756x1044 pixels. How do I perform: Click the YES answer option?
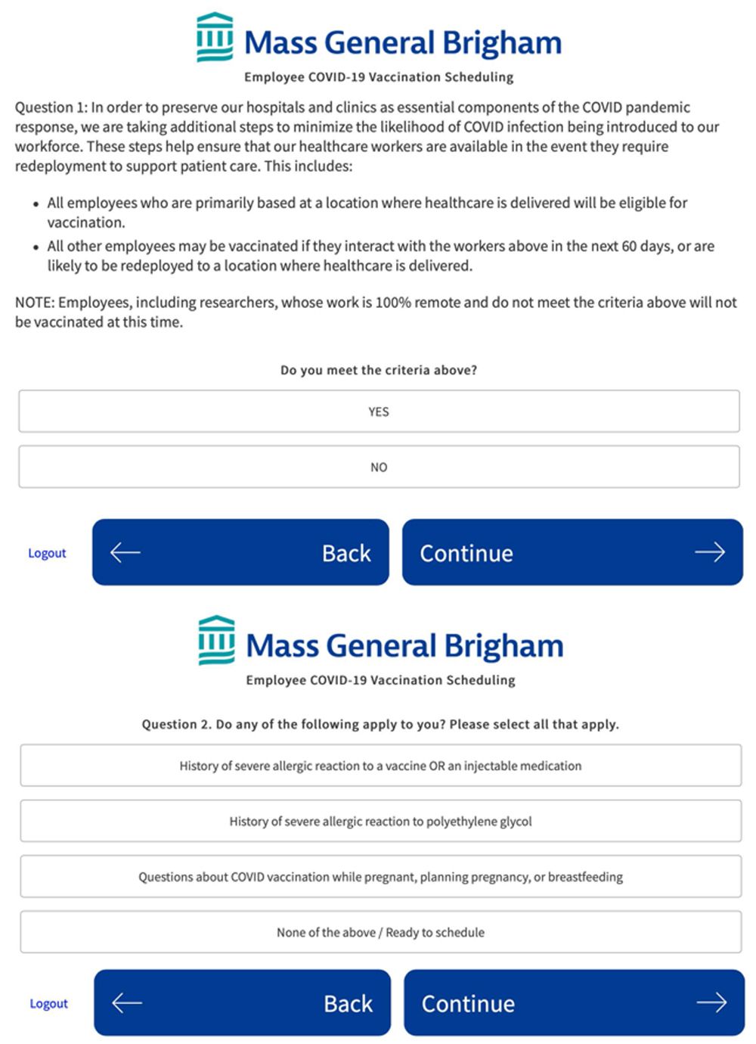pyautogui.click(x=379, y=412)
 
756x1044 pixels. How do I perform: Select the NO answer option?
pyautogui.click(x=379, y=467)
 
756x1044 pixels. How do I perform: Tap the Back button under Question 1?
pyautogui.click(x=240, y=552)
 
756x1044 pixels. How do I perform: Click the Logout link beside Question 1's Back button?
pyautogui.click(x=47, y=553)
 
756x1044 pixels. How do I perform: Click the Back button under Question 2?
pyautogui.click(x=242, y=1003)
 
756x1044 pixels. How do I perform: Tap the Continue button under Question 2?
pyautogui.click(x=574, y=1003)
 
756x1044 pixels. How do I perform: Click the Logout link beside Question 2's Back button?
pyautogui.click(x=48, y=1004)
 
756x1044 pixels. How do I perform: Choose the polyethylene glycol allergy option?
pyautogui.click(x=380, y=821)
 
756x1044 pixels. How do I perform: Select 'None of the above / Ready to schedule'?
pyautogui.click(x=380, y=932)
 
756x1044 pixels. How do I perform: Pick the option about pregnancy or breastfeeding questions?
pyautogui.click(x=380, y=877)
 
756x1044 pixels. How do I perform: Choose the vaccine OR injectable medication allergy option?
pyautogui.click(x=380, y=766)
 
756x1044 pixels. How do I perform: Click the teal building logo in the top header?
pyautogui.click(x=215, y=37)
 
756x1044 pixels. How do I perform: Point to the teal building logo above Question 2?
pyautogui.click(x=216, y=640)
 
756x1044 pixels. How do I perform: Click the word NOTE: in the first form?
pyautogui.click(x=35, y=303)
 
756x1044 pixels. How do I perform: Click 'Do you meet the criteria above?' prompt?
pyautogui.click(x=379, y=370)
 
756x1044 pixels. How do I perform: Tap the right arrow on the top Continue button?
pyautogui.click(x=709, y=552)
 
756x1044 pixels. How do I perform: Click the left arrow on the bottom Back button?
pyautogui.click(x=127, y=1003)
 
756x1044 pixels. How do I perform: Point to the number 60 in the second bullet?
pyautogui.click(x=629, y=246)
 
